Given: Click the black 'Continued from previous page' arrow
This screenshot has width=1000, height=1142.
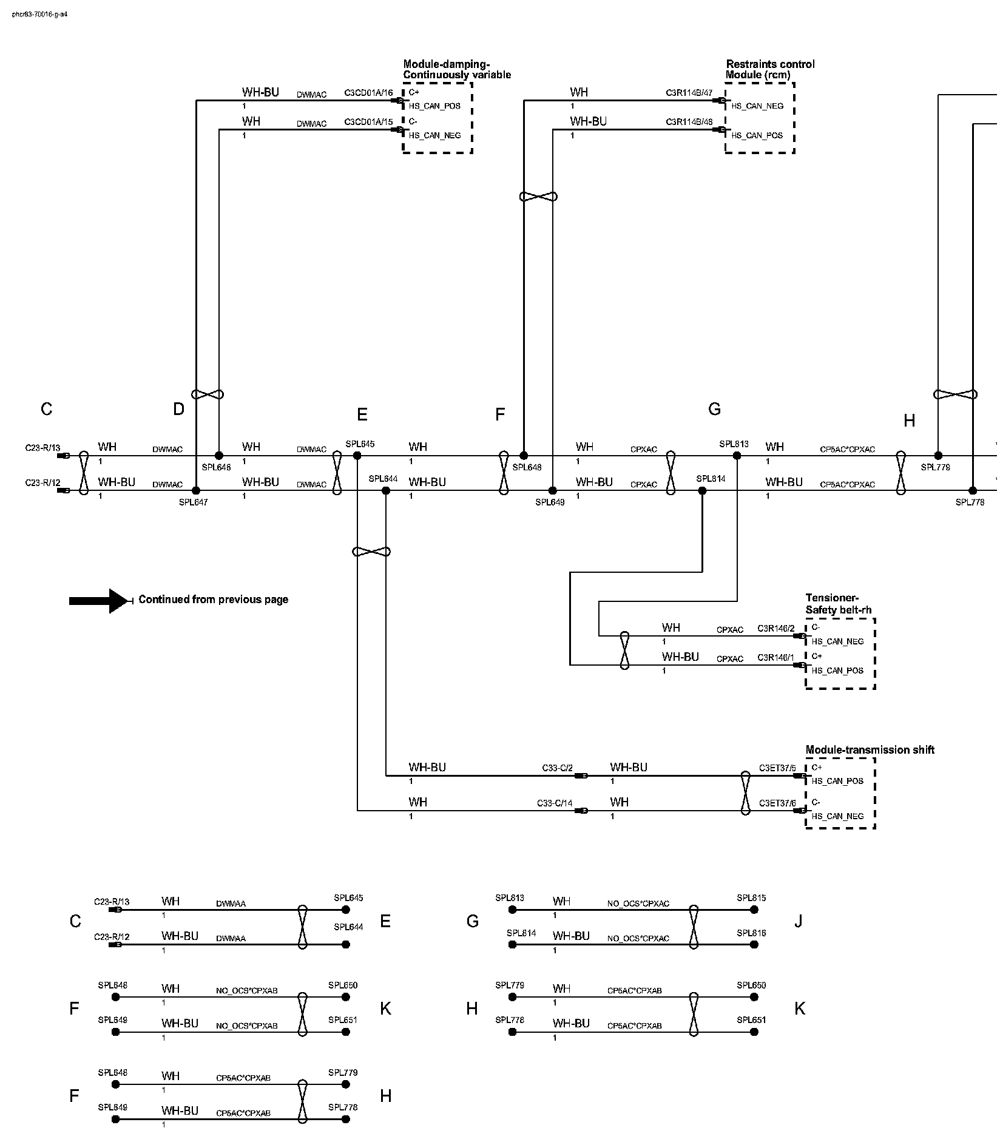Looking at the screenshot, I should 100,600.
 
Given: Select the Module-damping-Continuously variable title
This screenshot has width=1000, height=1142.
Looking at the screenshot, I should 457,70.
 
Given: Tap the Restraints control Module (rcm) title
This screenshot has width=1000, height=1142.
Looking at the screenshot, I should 770,70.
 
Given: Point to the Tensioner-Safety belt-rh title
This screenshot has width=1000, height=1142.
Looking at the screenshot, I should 839,604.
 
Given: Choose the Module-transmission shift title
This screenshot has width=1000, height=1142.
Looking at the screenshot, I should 870,750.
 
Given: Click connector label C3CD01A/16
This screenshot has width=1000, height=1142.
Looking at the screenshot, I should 368,93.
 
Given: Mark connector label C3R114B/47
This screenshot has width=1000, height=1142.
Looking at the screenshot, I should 689,93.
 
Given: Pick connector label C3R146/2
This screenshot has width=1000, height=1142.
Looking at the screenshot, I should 775,629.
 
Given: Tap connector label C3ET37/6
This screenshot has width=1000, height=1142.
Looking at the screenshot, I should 777,803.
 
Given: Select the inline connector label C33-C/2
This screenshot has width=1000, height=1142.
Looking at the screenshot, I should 557,768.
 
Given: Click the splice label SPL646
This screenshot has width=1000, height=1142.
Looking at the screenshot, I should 216,468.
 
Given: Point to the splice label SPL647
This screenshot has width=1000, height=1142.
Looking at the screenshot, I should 193,502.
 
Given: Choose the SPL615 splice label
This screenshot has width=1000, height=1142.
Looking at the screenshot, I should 751,898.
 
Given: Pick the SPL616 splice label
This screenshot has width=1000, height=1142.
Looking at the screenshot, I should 751,933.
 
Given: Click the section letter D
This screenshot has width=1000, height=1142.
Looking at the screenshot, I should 178,410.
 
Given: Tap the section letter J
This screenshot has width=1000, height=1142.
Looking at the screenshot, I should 799,922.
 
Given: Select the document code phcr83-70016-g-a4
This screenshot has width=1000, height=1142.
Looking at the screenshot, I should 39,14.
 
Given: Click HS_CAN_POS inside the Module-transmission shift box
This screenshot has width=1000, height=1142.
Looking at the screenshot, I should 837,782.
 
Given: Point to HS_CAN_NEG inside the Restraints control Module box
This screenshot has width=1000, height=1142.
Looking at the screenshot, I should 757,106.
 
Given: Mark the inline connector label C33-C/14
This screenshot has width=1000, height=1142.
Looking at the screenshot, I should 554,803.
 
